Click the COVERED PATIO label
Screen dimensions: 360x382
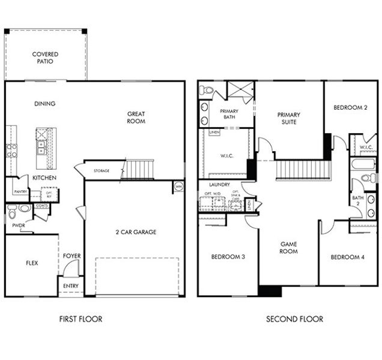[45, 58]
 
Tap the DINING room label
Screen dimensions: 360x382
[44, 104]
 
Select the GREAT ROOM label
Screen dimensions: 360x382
[136, 117]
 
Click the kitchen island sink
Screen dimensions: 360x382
[41, 144]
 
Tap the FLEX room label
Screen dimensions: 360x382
[32, 263]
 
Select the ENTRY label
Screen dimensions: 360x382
[70, 286]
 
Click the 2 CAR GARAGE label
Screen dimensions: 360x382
[136, 232]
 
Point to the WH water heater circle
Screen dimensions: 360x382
[178, 187]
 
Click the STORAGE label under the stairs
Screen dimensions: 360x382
[102, 171]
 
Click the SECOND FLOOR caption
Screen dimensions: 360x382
[294, 319]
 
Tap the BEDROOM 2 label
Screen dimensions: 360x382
[350, 107]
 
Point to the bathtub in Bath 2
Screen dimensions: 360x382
[363, 164]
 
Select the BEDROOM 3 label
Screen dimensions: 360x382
[228, 257]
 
